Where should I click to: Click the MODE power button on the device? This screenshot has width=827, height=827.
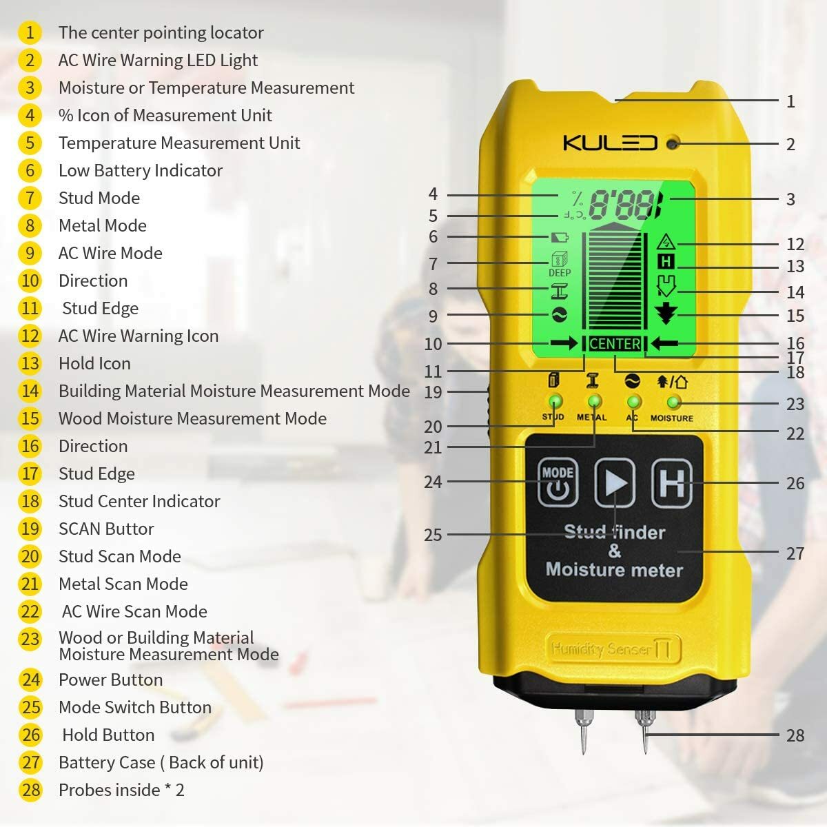click(558, 482)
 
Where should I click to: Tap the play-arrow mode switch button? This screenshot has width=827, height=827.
click(615, 482)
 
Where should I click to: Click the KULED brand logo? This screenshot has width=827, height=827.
click(610, 143)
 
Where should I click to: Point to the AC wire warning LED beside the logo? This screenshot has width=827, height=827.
click(673, 143)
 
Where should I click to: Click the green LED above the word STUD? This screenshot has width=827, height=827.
click(554, 402)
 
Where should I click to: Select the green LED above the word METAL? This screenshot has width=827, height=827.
click(593, 402)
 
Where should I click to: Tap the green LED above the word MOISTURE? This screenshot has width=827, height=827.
click(673, 402)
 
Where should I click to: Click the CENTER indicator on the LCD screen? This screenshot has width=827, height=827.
click(615, 344)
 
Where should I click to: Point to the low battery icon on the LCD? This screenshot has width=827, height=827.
click(560, 237)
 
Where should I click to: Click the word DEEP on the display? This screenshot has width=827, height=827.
click(560, 273)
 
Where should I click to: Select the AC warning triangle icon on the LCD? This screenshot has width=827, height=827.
click(666, 242)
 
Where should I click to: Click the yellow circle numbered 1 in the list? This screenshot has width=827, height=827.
click(30, 32)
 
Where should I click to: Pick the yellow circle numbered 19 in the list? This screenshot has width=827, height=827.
click(30, 529)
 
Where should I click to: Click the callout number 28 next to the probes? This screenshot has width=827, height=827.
click(795, 735)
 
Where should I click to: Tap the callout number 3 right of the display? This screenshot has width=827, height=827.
click(790, 199)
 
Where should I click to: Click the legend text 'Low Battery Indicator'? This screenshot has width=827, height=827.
click(141, 170)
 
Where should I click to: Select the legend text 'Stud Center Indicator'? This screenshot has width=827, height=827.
click(139, 501)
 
